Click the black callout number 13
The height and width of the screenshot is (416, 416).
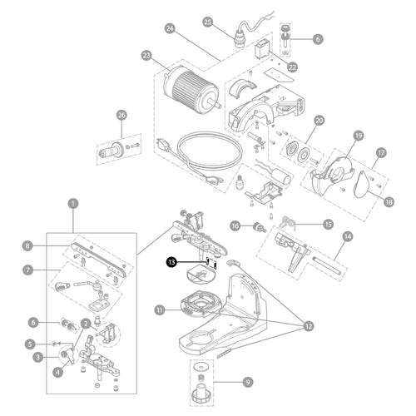pos(171,262)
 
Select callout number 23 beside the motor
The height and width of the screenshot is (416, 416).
pos(146,56)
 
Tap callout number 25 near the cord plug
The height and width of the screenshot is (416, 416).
pos(208,22)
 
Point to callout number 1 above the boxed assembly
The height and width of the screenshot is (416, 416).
pos(73,204)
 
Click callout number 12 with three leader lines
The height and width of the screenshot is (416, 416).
pos(309,326)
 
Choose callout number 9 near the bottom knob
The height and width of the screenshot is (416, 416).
pos(248,382)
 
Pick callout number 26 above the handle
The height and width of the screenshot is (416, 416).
pos(121,115)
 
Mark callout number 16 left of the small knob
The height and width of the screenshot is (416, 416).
pos(235,226)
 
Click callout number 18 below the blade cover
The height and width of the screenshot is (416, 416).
pos(389,202)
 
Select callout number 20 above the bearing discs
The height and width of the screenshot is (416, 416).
pos(319,121)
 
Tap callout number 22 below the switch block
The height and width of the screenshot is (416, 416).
pos(292,67)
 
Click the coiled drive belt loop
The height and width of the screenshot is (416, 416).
pos(210,151)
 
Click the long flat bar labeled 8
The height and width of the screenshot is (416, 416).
pos(98,259)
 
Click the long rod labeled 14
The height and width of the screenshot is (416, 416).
pos(327,265)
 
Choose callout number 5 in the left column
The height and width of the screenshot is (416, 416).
pos(30,344)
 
